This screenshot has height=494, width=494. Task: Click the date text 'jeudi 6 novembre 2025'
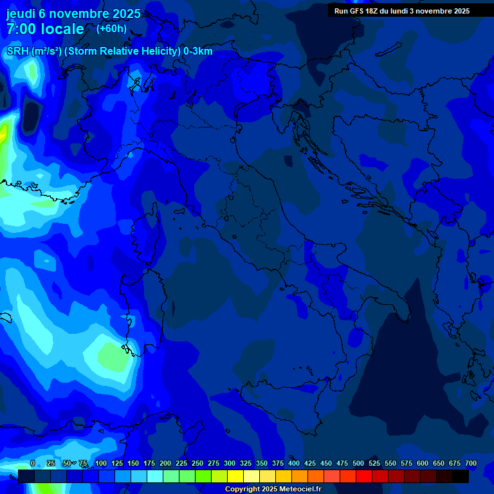point(73,14)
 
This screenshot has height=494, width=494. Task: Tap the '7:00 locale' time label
point(45,29)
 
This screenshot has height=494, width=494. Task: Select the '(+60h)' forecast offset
point(111,28)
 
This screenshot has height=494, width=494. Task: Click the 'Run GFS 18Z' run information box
point(402,11)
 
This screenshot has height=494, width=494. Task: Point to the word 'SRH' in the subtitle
point(17,51)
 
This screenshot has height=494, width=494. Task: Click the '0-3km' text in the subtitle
point(198,51)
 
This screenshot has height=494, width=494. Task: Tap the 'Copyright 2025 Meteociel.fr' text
point(273,489)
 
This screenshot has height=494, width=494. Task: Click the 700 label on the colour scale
point(470,463)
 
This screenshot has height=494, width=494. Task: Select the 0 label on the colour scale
point(33,463)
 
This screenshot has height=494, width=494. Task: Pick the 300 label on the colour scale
point(230,463)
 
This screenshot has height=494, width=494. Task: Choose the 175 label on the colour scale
point(149,463)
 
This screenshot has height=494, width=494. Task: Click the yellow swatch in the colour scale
point(235,476)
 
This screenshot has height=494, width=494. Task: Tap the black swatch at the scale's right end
point(461,476)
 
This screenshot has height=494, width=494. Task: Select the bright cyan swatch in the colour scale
point(155,476)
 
